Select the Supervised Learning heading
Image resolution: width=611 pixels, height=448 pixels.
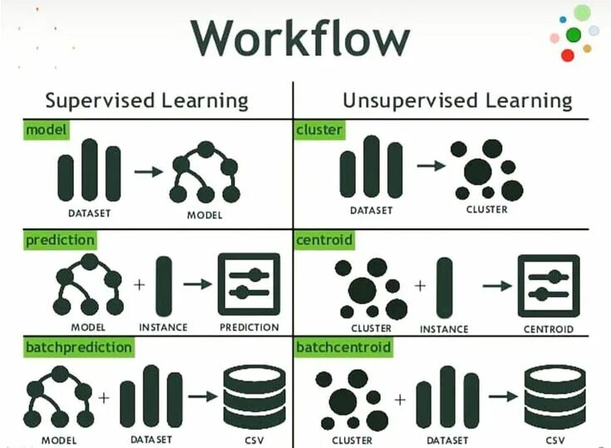pos(146,101)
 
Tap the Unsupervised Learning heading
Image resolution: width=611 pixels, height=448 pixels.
pos(457,101)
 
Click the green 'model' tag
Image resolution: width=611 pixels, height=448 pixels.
pos(47,130)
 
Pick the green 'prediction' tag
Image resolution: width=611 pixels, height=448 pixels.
pos(60,240)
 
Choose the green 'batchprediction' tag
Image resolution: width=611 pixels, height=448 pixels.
pos(79,347)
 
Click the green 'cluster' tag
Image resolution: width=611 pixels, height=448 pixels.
pos(319,130)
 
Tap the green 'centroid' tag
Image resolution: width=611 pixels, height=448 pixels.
pos(325,240)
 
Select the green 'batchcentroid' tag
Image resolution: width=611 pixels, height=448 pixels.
pos(342,347)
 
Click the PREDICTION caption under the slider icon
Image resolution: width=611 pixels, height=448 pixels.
pos(249,327)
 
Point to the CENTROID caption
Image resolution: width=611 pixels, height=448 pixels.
pos(548,329)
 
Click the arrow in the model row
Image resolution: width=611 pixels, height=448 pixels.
pos(148,171)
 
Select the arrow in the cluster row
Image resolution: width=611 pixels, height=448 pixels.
pos(430,165)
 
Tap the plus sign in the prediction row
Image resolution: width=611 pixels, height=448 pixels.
pos(138,284)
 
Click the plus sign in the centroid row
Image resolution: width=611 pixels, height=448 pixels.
pos(421,285)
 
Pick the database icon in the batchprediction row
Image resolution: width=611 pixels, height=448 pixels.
pos(254,396)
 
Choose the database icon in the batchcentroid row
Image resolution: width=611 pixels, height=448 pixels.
pos(554,396)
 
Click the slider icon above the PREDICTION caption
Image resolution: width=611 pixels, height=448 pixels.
pos(249,283)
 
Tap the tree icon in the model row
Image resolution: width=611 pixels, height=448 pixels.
pos(204,173)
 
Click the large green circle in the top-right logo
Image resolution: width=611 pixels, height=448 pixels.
pos(574,35)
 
